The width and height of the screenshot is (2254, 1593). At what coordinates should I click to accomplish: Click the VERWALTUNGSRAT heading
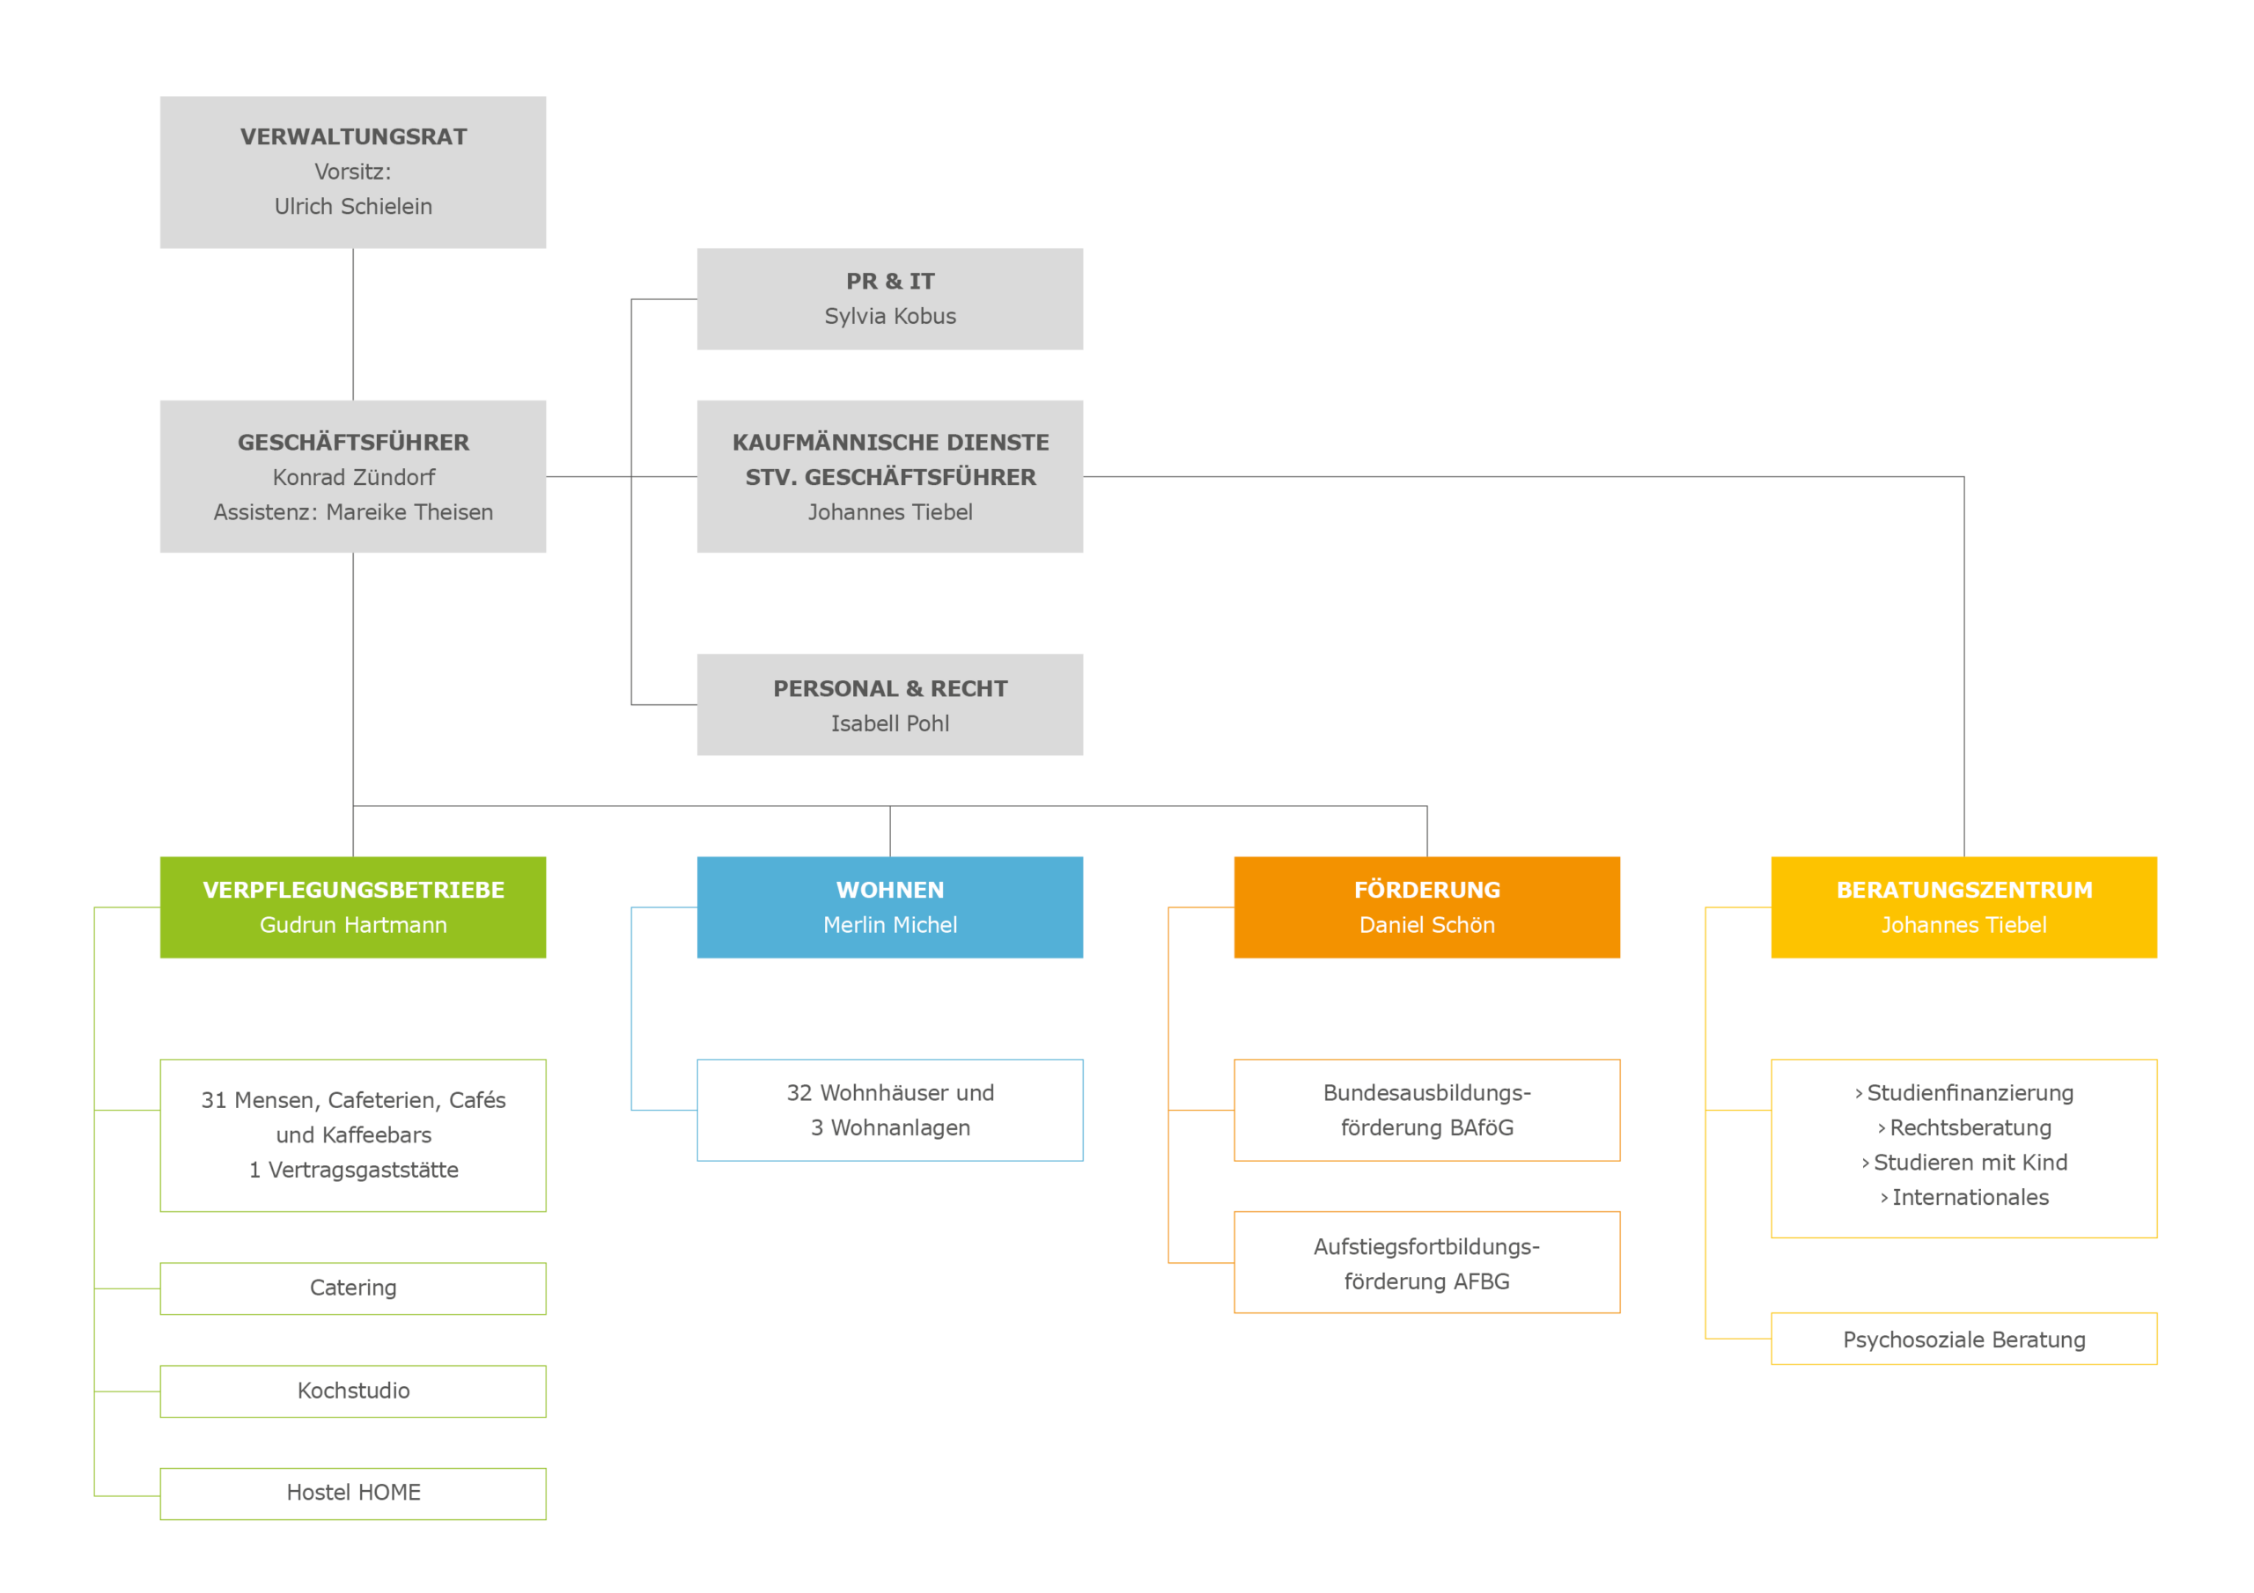pos(353,136)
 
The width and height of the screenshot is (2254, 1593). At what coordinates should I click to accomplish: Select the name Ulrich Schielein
pos(353,206)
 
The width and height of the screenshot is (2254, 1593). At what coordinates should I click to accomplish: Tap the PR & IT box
pos(889,298)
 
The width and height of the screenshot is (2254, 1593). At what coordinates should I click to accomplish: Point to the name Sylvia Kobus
pos(889,316)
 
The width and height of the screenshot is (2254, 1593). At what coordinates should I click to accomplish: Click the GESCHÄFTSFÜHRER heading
pos(353,442)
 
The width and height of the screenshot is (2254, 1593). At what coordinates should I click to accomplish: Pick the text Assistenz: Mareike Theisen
pos(353,512)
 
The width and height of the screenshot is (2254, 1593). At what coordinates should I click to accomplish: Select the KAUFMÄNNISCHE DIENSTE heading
pos(890,443)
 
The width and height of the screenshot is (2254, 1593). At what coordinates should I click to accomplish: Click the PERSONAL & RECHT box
pos(889,704)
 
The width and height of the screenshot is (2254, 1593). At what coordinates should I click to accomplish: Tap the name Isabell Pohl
pos(889,723)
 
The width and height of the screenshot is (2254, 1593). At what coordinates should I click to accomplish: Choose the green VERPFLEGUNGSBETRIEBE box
pos(353,907)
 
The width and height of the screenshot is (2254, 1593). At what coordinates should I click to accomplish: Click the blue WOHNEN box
pos(889,907)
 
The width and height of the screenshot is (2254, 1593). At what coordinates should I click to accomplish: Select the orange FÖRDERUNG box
pos(1426,907)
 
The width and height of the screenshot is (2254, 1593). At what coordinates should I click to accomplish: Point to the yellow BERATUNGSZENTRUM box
pos(1963,907)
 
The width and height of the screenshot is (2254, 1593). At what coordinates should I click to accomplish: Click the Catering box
pos(353,1288)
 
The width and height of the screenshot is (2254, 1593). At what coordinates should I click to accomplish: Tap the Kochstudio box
pos(353,1391)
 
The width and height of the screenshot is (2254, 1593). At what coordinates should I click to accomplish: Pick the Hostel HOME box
pos(353,1493)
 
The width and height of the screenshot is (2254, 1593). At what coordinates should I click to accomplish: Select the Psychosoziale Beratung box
pos(1963,1339)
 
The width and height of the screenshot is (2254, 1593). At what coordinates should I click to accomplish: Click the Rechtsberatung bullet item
pos(1963,1127)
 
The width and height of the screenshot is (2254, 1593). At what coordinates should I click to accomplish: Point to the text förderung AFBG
pos(1426,1281)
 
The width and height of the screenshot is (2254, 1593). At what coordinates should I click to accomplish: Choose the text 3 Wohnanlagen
pos(889,1127)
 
